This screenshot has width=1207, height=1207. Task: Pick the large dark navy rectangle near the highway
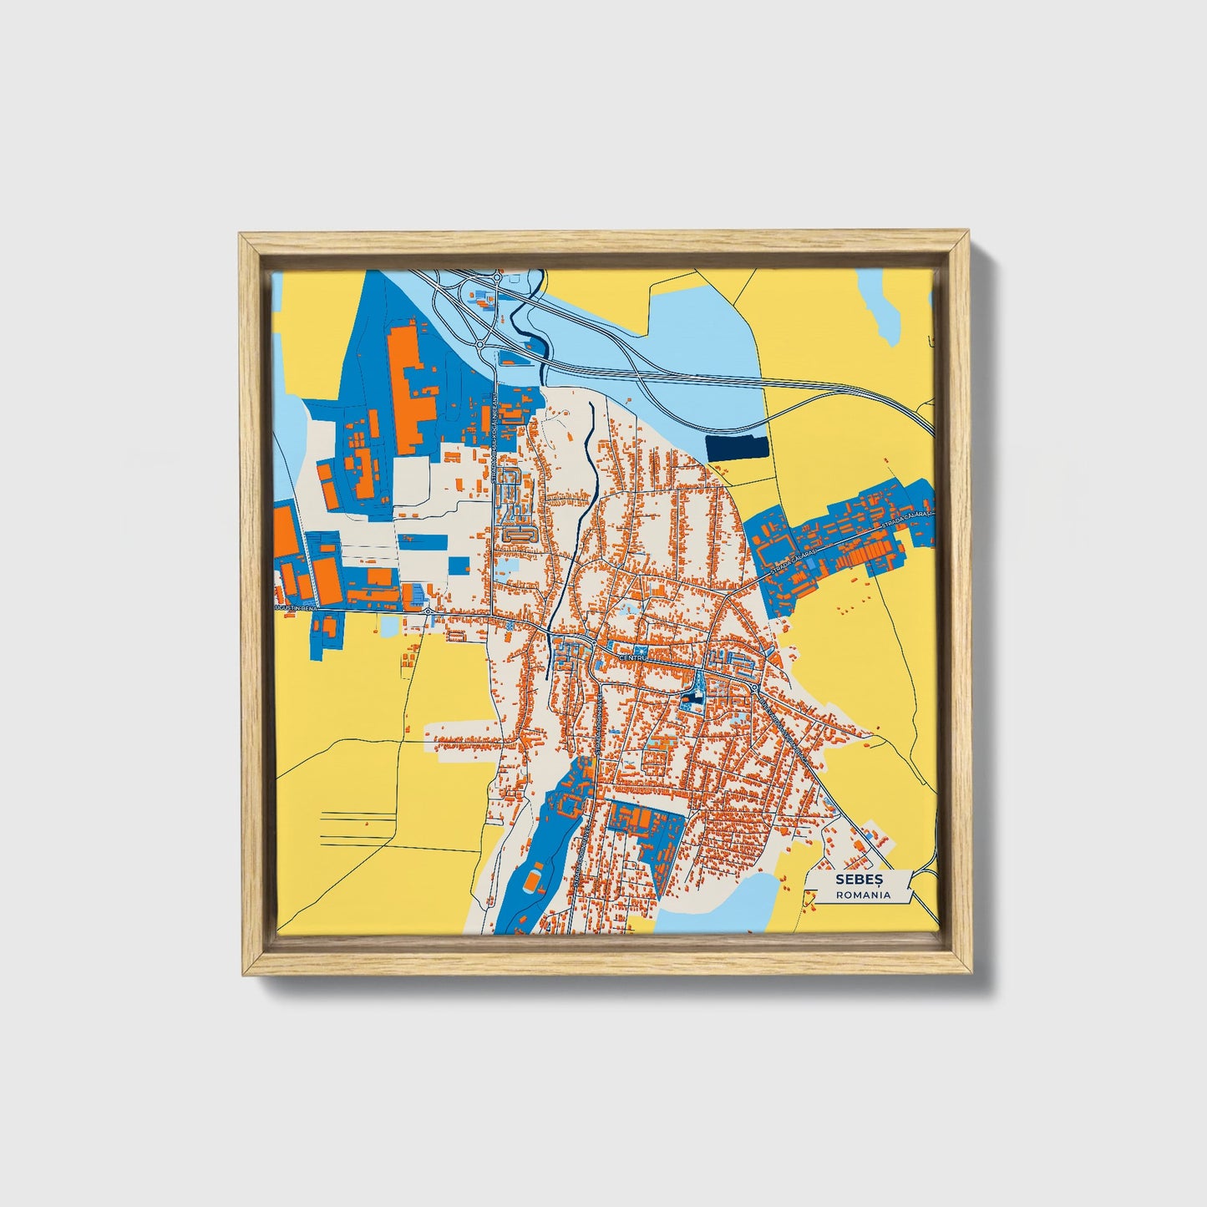pos(737,448)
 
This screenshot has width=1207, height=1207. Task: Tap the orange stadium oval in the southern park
pos(533,880)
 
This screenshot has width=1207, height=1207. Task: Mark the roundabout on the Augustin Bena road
pos(428,611)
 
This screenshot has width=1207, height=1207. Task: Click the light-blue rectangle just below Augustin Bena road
pos(391,624)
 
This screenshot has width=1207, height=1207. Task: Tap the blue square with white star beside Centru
pos(641,650)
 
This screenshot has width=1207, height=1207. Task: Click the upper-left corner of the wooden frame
pos(242,237)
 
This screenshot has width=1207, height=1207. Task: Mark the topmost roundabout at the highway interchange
pos(496,277)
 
